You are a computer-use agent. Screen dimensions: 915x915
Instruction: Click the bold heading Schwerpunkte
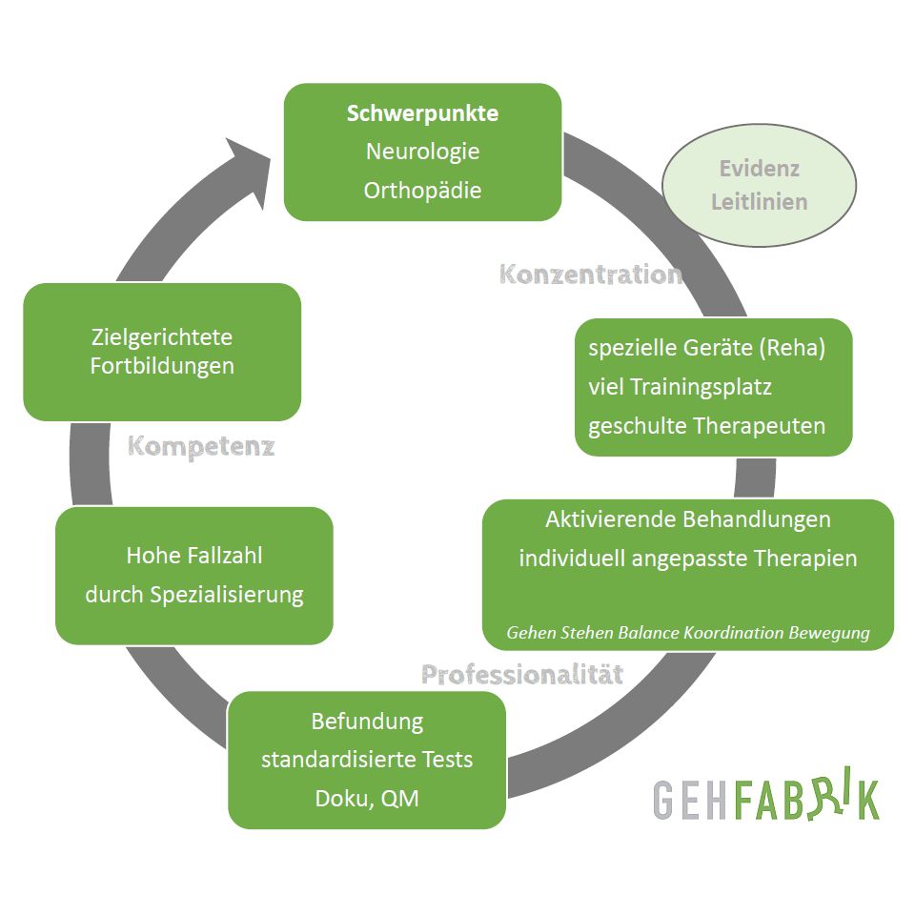422,113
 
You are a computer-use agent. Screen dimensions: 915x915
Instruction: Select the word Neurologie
422,152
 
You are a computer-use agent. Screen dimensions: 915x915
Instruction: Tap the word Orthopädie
422,190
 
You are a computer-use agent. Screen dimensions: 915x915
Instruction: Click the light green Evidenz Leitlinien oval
759,185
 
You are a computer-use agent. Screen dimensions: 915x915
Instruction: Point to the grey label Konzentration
591,274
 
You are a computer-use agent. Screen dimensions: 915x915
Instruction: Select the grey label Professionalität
522,675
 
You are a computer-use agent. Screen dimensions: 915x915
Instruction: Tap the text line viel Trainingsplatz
680,387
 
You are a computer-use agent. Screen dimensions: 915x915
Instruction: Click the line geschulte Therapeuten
706,425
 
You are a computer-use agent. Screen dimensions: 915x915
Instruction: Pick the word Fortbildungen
162,366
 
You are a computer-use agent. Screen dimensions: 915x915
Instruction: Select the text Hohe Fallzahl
193,555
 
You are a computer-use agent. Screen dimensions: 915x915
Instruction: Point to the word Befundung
367,722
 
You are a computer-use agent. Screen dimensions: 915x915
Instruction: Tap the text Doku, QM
367,798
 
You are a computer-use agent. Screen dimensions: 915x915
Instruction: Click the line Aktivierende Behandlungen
687,519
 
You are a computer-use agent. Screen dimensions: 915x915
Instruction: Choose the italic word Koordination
736,633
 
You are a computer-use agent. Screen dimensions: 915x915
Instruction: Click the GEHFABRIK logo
766,799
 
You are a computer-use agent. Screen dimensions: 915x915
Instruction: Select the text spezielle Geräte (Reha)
706,348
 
